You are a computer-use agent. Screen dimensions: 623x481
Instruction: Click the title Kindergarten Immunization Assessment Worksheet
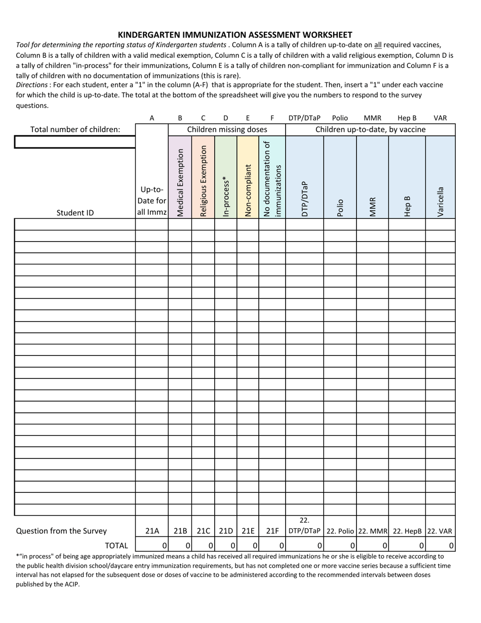click(235, 35)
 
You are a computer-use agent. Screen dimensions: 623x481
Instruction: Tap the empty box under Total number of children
click(75, 142)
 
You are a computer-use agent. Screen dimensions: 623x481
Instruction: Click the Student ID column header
click(75, 213)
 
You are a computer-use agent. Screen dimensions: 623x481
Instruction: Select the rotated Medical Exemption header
click(180, 182)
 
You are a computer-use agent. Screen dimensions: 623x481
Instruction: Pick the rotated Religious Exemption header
click(204, 181)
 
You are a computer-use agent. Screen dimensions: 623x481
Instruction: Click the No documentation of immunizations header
click(272, 179)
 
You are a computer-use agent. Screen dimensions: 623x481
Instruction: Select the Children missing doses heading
click(227, 130)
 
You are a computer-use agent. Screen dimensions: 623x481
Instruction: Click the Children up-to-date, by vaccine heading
click(371, 130)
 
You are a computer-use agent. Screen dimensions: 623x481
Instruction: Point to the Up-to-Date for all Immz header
click(152, 201)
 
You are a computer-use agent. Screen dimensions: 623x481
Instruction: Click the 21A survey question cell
click(152, 531)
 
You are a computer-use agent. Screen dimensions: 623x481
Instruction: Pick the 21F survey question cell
click(272, 531)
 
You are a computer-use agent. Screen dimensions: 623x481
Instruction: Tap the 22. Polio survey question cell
click(340, 531)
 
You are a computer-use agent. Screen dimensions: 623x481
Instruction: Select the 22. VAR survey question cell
click(440, 531)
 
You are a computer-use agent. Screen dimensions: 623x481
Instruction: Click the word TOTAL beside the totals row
click(116, 546)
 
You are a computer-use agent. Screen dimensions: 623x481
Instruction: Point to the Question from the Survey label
click(61, 531)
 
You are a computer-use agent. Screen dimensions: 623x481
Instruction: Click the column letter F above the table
click(272, 118)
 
